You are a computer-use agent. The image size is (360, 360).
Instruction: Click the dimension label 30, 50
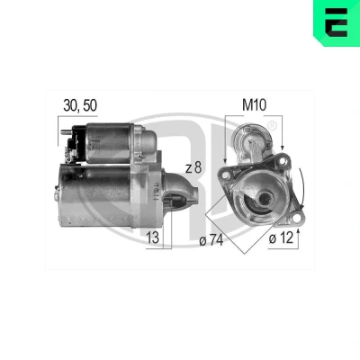pos(80,105)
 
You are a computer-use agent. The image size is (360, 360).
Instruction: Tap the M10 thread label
pos(254,105)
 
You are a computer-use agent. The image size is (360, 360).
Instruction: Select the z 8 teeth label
pos(193,168)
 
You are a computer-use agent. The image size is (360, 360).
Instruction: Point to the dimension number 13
pos(153,238)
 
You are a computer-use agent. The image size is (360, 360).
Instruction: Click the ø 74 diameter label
pos(211,240)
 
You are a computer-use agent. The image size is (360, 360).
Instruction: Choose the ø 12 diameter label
pos(281,238)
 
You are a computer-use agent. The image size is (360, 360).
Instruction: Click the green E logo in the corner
pos(337,22)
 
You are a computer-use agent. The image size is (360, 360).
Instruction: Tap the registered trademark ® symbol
pos(272,125)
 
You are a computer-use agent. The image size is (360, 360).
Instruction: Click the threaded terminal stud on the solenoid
pos(65,131)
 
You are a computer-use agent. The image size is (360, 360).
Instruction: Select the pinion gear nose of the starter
pos(182,190)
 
